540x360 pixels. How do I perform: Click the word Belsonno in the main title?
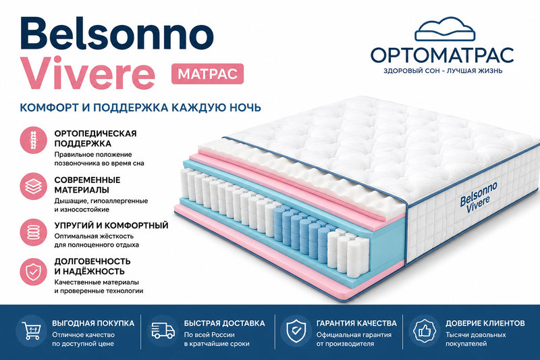click(117, 33)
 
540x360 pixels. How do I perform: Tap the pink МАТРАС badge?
click(208, 74)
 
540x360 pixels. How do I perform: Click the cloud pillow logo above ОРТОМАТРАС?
click(445, 29)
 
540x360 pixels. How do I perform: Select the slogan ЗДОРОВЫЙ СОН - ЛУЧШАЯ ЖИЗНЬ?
click(443, 71)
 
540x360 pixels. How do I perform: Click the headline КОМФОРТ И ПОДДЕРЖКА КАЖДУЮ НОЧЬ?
click(140, 107)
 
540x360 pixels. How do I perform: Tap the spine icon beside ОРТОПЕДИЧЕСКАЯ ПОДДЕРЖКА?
click(33, 140)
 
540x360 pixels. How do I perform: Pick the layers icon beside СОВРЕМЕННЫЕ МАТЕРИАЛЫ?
click(33, 186)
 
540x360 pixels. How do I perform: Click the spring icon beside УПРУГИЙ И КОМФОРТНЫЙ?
click(33, 232)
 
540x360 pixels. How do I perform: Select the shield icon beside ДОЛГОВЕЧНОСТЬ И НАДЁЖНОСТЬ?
click(33, 272)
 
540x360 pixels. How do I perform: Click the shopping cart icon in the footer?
click(31, 331)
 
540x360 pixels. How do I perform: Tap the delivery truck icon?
click(163, 331)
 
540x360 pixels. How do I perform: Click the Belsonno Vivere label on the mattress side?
click(479, 198)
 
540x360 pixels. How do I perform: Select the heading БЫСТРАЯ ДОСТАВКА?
click(224, 324)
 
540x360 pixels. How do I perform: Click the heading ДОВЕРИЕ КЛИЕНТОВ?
click(485, 324)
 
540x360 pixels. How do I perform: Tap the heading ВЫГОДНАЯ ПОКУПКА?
click(93, 324)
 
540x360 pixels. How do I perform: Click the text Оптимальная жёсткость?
click(94, 236)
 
